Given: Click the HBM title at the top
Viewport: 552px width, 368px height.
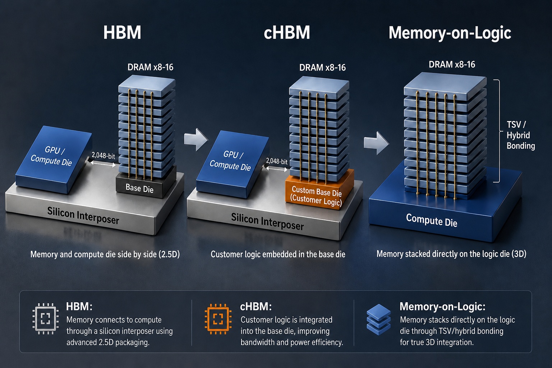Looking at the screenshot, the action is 122,33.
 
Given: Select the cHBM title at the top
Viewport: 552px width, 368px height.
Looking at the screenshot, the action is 287,33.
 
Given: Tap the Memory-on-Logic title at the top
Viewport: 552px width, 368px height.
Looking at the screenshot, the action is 450,33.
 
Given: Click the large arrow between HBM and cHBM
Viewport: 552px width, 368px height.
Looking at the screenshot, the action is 196,139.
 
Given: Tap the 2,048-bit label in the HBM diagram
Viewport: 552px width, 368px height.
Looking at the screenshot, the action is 103,156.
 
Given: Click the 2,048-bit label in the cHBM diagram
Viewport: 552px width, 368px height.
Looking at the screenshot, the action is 277,161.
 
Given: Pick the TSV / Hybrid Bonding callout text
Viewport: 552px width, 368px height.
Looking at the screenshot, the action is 520,135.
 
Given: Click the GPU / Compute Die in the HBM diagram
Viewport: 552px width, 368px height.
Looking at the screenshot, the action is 54,160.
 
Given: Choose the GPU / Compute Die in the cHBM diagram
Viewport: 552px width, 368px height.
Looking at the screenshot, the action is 233,164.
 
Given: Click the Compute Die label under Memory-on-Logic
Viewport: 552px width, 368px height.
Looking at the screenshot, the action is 432,220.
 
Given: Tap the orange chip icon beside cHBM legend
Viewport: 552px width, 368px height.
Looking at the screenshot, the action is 218,319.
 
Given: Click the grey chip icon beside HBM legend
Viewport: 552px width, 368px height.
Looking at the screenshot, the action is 46,319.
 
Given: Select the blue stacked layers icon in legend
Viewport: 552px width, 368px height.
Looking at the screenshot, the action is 378,319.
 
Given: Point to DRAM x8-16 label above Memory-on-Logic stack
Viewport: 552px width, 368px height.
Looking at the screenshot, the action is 452,64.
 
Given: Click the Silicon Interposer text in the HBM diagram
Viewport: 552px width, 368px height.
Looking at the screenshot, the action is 83,215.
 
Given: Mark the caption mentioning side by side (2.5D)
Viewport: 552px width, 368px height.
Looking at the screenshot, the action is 105,254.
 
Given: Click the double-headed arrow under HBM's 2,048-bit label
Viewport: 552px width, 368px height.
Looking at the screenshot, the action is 103,164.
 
